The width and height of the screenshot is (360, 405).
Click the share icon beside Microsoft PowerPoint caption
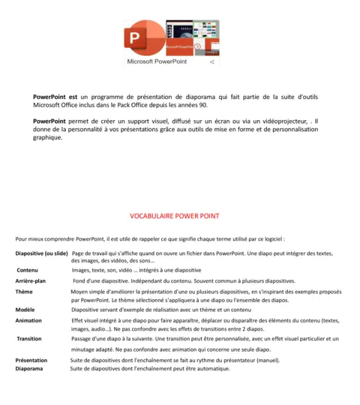click(x=211, y=62)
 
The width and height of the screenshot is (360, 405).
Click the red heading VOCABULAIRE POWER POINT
click(x=175, y=216)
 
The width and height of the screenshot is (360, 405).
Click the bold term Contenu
click(x=28, y=270)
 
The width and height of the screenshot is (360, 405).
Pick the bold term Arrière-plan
click(x=31, y=280)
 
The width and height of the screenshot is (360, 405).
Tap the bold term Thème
click(x=24, y=291)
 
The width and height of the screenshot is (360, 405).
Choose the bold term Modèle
click(x=25, y=310)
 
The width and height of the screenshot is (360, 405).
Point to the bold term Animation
click(x=28, y=320)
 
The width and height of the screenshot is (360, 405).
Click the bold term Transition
click(x=29, y=339)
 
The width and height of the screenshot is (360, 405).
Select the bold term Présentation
click(x=31, y=360)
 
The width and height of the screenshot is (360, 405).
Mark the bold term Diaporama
click(x=29, y=368)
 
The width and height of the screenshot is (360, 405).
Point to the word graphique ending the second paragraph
click(x=48, y=138)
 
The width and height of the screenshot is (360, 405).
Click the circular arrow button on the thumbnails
click(x=197, y=46)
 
